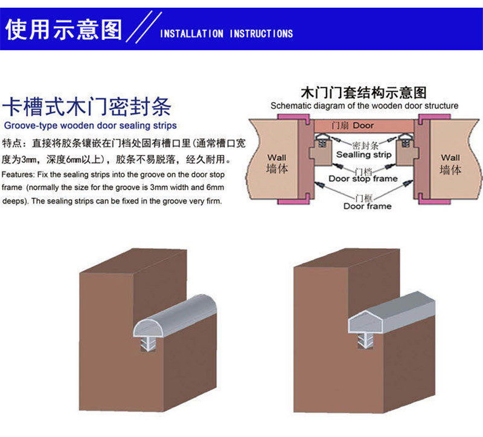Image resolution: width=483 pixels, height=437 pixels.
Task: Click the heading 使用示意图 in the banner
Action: [x=63, y=28]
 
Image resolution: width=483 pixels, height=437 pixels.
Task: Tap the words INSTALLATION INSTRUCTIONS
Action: [x=226, y=34]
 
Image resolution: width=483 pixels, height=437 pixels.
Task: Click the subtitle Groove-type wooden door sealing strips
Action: [x=91, y=126]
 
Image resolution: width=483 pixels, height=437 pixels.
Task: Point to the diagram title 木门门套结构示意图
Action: [x=363, y=93]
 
